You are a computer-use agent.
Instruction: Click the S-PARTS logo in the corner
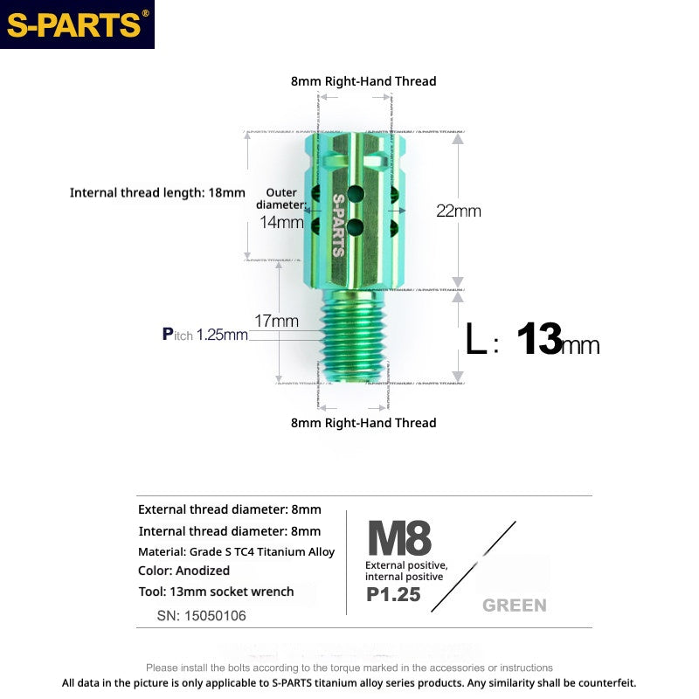[x=77, y=24]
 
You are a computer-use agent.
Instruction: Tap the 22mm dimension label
[x=459, y=211]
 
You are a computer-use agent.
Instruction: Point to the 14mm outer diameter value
[x=281, y=222]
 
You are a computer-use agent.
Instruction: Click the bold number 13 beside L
[x=538, y=340]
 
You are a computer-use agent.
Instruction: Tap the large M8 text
[x=399, y=538]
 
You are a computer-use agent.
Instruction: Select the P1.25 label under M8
[x=393, y=595]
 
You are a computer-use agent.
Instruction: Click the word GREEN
[x=514, y=605]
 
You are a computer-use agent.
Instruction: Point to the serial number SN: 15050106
[x=201, y=615]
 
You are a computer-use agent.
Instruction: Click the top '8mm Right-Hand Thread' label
[x=363, y=81]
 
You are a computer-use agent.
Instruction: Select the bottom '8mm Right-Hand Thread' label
[x=363, y=423]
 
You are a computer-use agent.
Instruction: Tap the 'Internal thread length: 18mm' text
[x=157, y=192]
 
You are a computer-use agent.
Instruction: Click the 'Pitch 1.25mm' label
[x=204, y=334]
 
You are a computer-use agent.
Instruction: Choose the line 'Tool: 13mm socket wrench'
[x=216, y=592]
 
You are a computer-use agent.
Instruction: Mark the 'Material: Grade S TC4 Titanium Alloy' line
[x=236, y=551]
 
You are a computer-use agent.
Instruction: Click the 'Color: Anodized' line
[x=183, y=571]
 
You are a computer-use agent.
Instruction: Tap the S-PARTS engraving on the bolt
[x=338, y=224]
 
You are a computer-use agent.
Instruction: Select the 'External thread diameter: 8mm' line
[x=229, y=509]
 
